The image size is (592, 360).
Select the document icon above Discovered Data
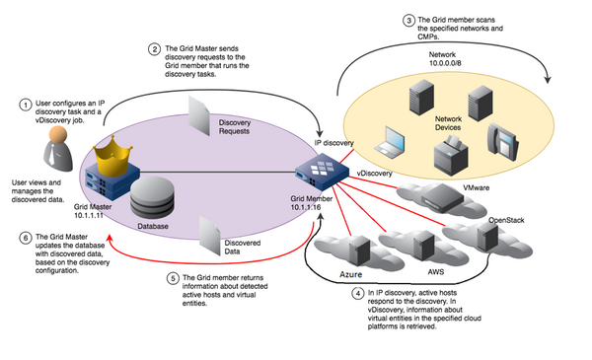(x=208, y=233)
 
